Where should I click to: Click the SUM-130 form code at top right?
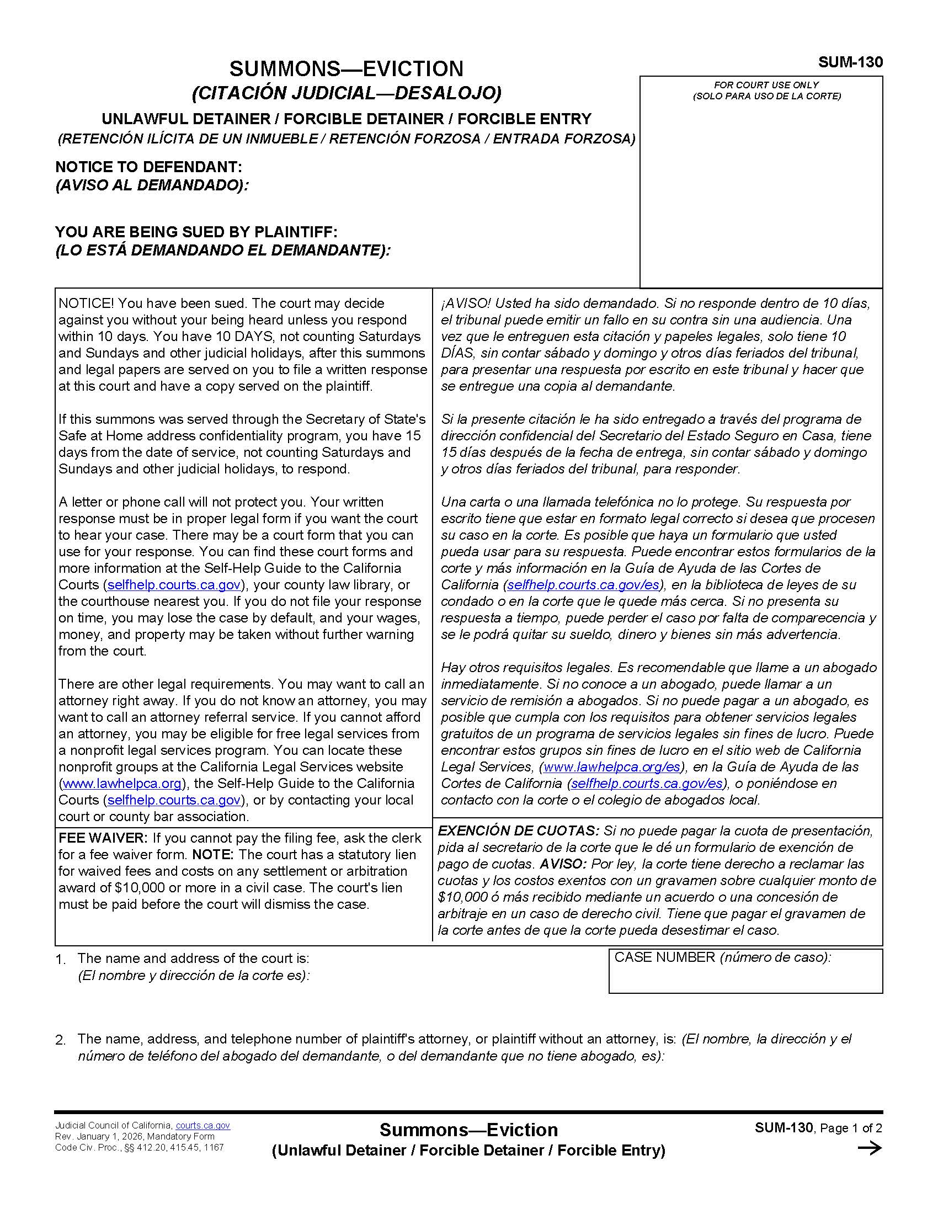click(850, 62)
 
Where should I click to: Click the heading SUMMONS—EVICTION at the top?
click(346, 68)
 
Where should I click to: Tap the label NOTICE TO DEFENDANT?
click(148, 167)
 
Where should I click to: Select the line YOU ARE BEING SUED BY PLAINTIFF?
click(196, 232)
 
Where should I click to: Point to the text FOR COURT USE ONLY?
click(766, 85)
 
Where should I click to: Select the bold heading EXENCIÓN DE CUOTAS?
click(519, 831)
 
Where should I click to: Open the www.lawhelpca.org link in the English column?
click(122, 784)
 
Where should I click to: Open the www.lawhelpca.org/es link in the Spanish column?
click(612, 767)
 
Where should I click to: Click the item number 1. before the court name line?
click(61, 960)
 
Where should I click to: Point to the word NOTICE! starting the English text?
click(86, 303)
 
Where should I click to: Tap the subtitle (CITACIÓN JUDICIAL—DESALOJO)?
click(346, 93)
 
